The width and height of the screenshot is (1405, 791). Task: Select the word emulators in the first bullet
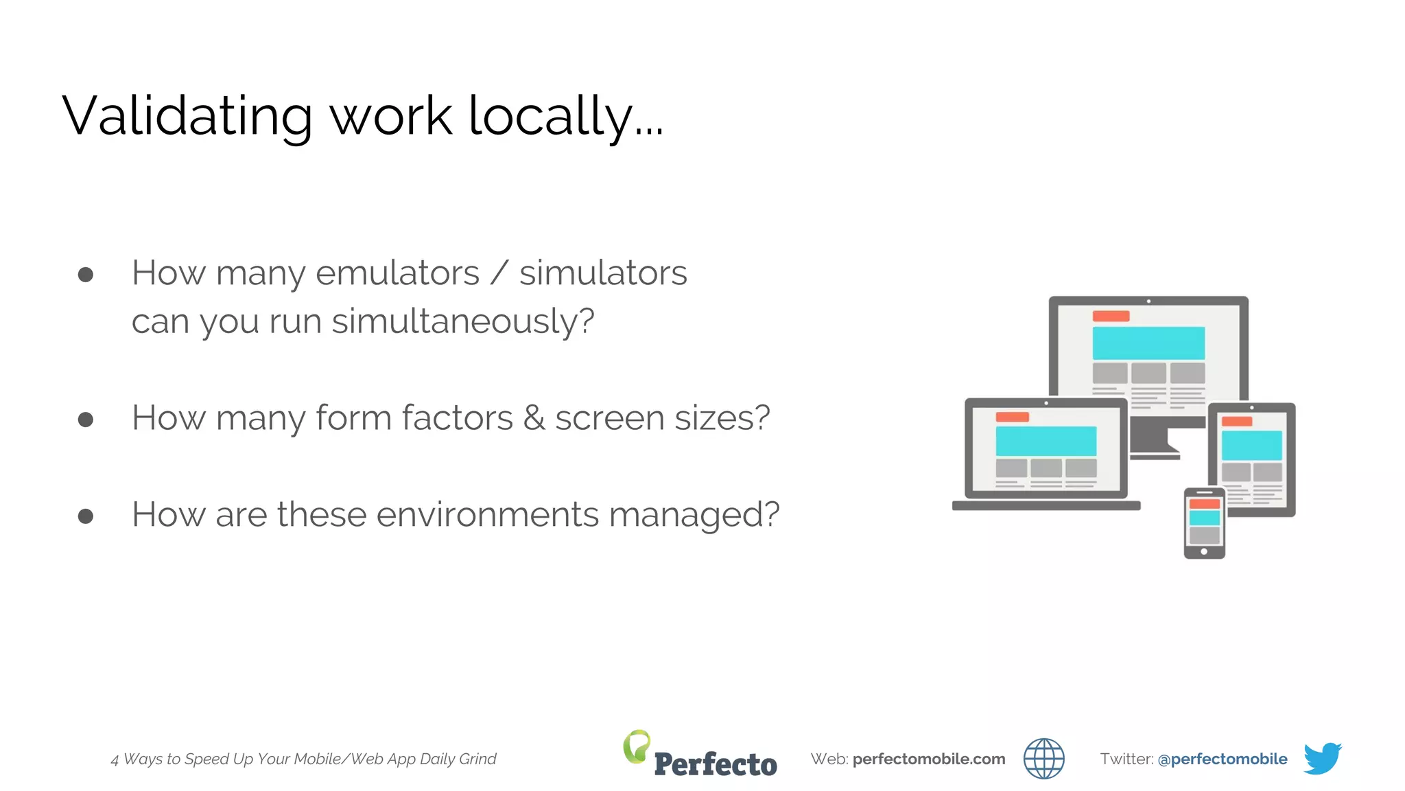tap(397, 273)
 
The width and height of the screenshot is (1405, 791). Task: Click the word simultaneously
tap(463, 321)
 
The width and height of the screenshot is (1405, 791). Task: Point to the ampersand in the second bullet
tap(534, 418)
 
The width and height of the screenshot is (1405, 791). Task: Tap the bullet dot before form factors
tap(86, 419)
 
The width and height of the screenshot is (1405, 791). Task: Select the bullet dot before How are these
tap(86, 516)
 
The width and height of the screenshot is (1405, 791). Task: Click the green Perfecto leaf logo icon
tap(637, 746)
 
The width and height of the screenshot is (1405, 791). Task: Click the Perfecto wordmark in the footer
tap(716, 764)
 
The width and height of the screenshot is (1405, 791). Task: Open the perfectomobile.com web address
tap(929, 759)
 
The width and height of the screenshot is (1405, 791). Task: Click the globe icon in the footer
tap(1043, 759)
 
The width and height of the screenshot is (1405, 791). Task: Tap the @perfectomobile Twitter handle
tap(1222, 759)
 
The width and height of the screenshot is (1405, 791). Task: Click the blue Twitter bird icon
tap(1322, 758)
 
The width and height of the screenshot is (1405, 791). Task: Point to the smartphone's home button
tap(1204, 551)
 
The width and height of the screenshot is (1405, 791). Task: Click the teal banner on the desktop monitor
tap(1148, 343)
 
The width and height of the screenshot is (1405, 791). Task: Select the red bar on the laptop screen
tap(1012, 417)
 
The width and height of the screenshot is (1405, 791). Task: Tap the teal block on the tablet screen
tap(1251, 446)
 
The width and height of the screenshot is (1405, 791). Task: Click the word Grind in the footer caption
tap(477, 759)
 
